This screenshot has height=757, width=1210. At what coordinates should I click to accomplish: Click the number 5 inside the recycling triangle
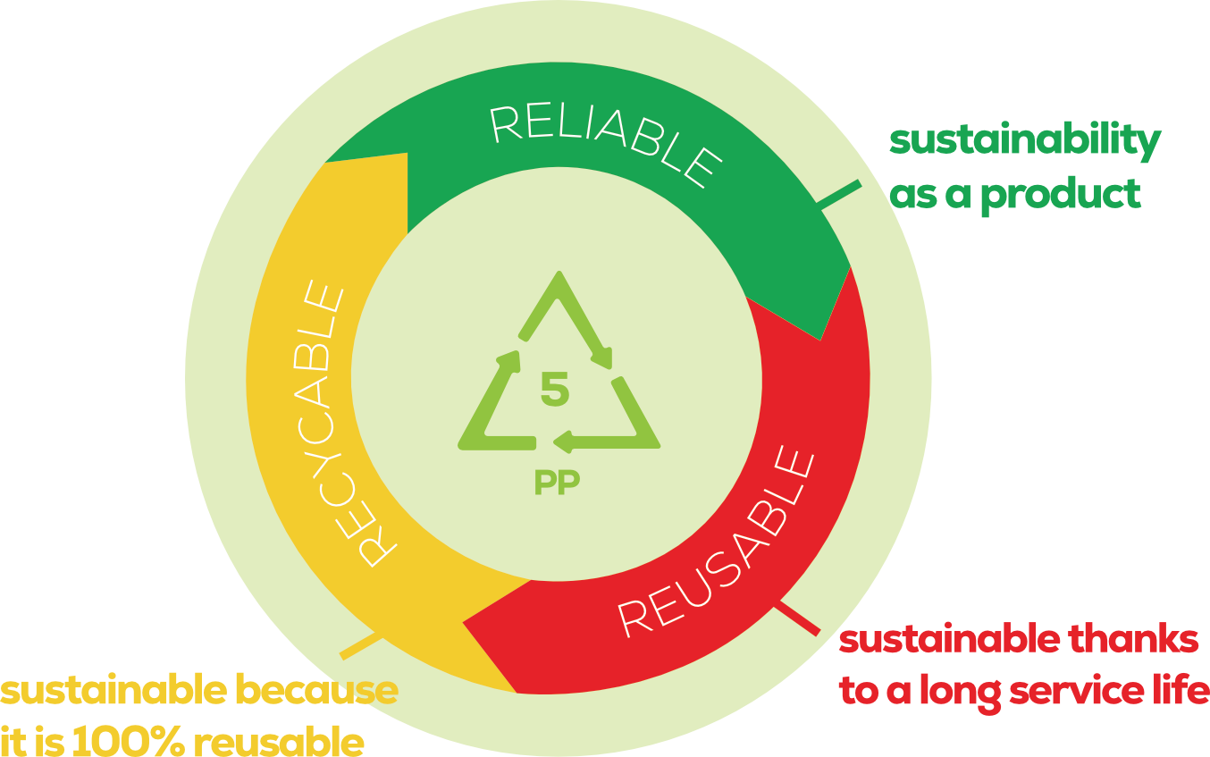coord(555,391)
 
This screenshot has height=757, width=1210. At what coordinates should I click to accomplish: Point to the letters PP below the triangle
coord(557,483)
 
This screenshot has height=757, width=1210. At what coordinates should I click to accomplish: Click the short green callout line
coord(839,196)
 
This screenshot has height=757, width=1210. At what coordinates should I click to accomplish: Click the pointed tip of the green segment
coord(819,338)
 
